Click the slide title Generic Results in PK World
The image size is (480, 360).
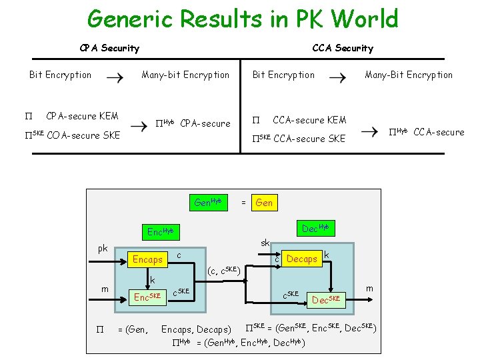243,19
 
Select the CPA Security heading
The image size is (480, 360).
109,48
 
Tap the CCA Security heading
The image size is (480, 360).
343,48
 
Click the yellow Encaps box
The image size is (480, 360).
148,259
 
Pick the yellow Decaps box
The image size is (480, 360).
301,259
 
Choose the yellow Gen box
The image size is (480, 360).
264,203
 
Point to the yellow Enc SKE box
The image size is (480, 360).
148,297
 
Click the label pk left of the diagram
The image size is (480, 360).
103,249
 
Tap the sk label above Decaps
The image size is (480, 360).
265,243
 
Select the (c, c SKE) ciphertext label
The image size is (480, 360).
224,270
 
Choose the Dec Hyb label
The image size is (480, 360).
315,229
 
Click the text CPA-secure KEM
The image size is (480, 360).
82,117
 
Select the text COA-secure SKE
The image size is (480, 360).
83,135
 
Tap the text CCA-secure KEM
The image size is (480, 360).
309,120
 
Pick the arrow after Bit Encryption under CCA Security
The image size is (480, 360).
338,77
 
